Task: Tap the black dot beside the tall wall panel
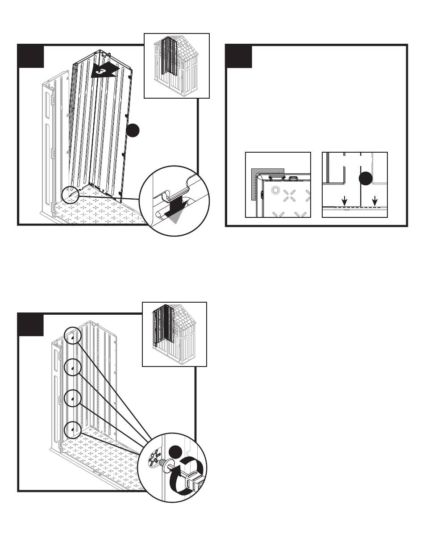coord(133,130)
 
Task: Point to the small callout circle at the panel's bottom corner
coord(71,195)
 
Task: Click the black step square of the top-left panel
coord(30,56)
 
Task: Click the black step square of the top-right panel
coord(239,56)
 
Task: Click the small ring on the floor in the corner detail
coord(275,191)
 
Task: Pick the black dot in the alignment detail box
coord(365,178)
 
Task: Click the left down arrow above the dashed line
coord(344,202)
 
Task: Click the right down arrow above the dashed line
coord(374,202)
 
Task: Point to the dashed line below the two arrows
coord(359,208)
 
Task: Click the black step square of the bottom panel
coord(30,325)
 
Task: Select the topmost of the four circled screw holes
coord(72,337)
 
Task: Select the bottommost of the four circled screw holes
coord(72,430)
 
